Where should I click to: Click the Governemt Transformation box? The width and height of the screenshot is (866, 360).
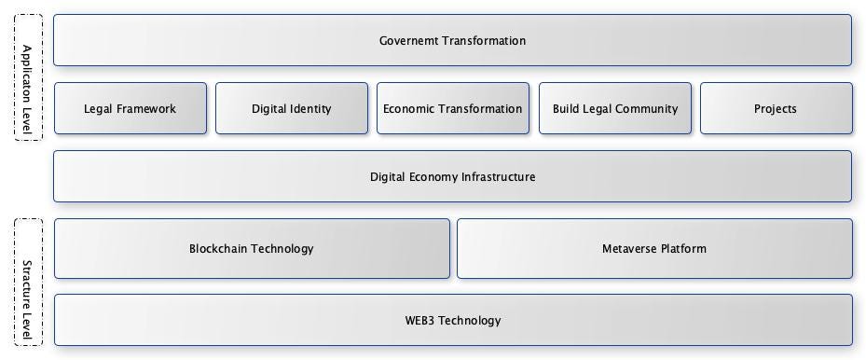tap(452, 40)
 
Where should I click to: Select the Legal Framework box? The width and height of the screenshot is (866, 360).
tap(131, 108)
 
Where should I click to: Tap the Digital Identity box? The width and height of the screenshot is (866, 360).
tap(292, 108)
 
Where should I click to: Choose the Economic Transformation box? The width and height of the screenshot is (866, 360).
tap(453, 108)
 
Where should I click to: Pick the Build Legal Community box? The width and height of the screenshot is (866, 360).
tap(615, 108)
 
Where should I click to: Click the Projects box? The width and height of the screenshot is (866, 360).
tap(776, 108)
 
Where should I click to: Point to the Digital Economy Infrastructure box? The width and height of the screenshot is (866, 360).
tap(452, 176)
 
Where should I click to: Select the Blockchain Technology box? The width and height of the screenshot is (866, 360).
tap(252, 248)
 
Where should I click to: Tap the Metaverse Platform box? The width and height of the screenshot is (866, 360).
tap(654, 248)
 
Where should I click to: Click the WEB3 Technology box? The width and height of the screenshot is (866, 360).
tap(452, 320)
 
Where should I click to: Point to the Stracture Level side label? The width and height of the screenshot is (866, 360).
tap(28, 283)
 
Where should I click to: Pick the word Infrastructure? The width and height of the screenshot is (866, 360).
tap(493, 176)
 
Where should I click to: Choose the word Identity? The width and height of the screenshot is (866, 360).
tap(310, 108)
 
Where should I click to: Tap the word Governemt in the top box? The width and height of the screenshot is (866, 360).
tap(408, 40)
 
